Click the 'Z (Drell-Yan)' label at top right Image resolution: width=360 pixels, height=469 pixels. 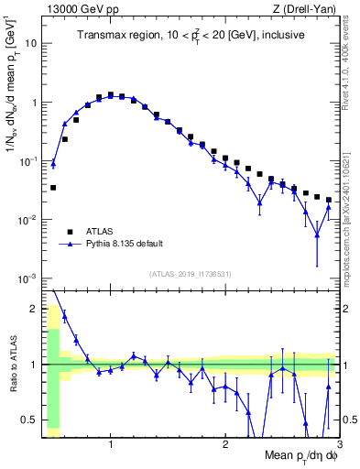309,7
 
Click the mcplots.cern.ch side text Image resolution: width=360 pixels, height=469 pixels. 350,220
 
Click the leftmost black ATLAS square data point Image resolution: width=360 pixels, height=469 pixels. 53,187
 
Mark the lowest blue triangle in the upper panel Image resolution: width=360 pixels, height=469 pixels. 317,235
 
